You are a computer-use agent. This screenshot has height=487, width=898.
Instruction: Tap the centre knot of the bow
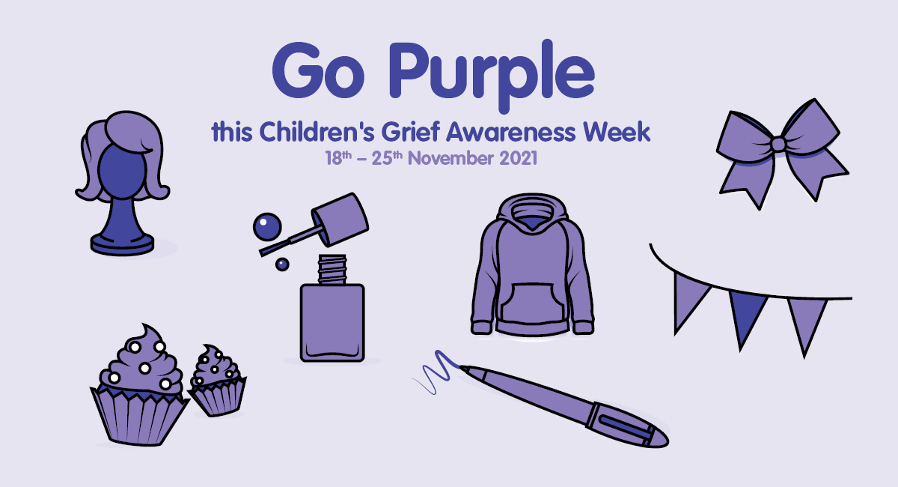(779, 143)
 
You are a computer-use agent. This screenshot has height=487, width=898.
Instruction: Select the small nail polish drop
(282, 264)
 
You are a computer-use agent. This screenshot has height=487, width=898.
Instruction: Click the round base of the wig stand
(122, 243)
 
